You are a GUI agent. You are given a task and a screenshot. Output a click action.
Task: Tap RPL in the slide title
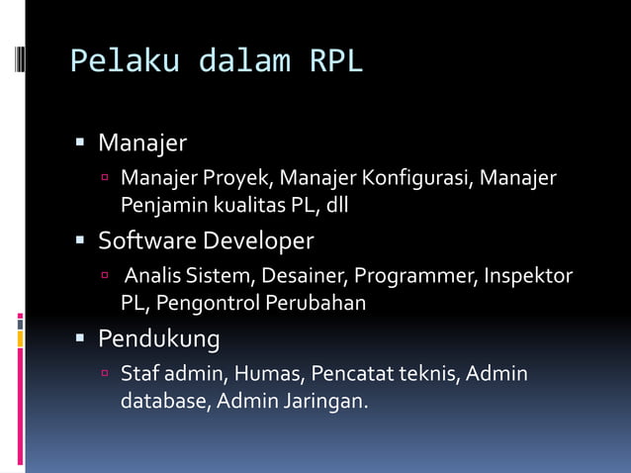(x=336, y=62)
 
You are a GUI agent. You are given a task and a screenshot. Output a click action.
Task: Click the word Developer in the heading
(x=258, y=240)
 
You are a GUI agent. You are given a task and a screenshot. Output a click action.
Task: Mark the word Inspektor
(x=528, y=275)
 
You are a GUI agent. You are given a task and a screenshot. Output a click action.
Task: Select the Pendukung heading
(x=158, y=339)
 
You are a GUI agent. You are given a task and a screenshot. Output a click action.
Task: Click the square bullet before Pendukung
(x=82, y=340)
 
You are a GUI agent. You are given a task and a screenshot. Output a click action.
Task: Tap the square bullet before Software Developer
(x=82, y=241)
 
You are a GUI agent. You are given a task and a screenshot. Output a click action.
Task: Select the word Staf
(x=138, y=374)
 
